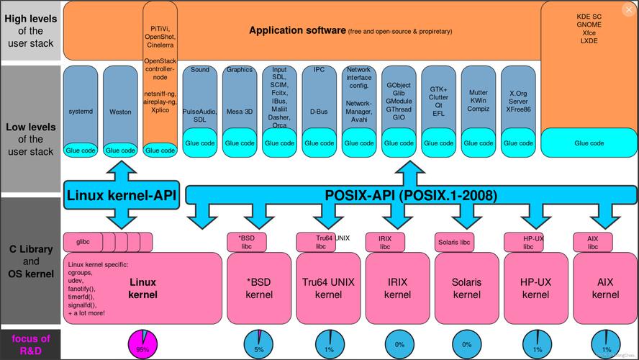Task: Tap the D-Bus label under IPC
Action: [318, 112]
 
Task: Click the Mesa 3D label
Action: [239, 112]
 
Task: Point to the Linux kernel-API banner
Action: [122, 196]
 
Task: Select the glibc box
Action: [82, 240]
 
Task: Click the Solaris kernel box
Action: [466, 287]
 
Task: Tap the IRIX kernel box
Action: [397, 287]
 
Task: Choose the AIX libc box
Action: [592, 241]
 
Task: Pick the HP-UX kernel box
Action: [535, 287]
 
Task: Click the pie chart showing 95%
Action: [142, 344]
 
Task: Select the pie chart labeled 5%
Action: [258, 344]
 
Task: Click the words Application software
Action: [297, 31]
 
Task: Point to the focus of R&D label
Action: [30, 344]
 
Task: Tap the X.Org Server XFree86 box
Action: [518, 102]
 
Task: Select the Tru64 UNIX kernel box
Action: [328, 287]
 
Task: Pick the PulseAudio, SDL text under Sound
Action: [199, 115]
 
